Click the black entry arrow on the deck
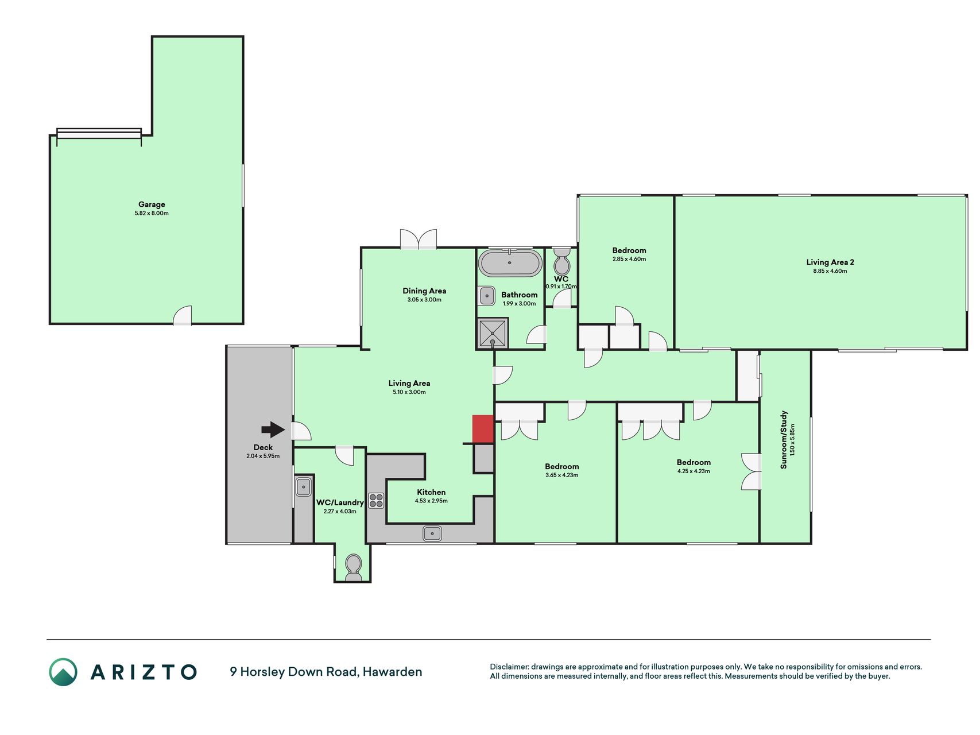click(x=273, y=430)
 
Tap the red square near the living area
click(x=483, y=429)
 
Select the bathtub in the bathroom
click(x=510, y=263)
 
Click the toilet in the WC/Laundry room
click(x=354, y=567)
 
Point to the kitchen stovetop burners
click(x=376, y=501)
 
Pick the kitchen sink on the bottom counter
click(x=432, y=533)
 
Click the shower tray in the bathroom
click(x=493, y=333)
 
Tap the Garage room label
click(x=152, y=204)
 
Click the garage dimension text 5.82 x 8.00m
click(x=152, y=213)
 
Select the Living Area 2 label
click(x=830, y=262)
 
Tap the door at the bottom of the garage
click(x=183, y=316)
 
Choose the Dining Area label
click(x=424, y=291)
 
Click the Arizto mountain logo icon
click(x=63, y=672)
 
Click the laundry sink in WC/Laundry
click(x=303, y=488)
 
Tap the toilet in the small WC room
click(x=561, y=262)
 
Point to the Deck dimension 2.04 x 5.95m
click(x=263, y=456)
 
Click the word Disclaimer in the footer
click(x=509, y=667)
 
